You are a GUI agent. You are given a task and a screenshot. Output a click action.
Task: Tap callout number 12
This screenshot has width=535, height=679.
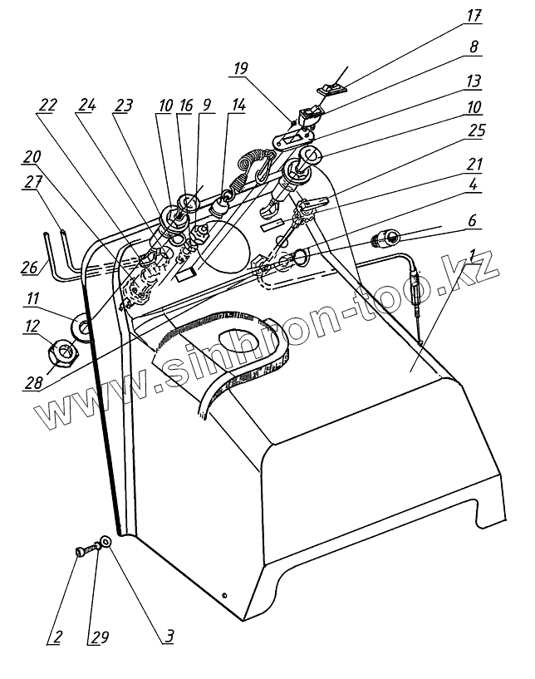(x=33, y=328)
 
